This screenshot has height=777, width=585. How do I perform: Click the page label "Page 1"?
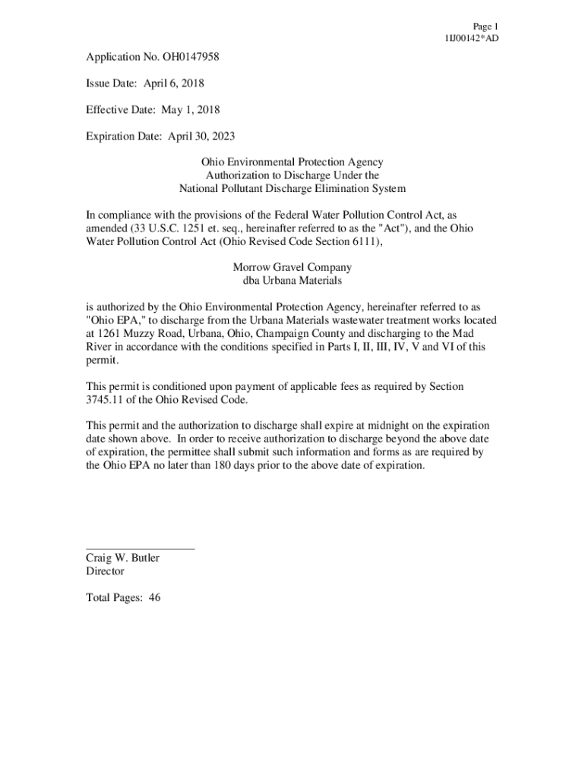[484, 26]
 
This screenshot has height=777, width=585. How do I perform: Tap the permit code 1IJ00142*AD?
[472, 39]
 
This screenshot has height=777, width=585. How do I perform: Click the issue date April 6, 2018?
[173, 83]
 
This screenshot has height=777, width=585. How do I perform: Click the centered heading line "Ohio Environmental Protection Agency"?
[292, 162]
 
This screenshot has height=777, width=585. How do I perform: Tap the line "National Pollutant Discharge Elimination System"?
[292, 188]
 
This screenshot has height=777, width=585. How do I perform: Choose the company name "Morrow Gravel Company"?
[292, 267]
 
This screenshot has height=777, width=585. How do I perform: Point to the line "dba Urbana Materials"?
[292, 280]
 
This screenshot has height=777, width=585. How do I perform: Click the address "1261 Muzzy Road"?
[137, 333]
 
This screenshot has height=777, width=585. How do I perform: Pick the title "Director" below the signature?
[105, 571]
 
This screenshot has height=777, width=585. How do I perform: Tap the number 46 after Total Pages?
[154, 597]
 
